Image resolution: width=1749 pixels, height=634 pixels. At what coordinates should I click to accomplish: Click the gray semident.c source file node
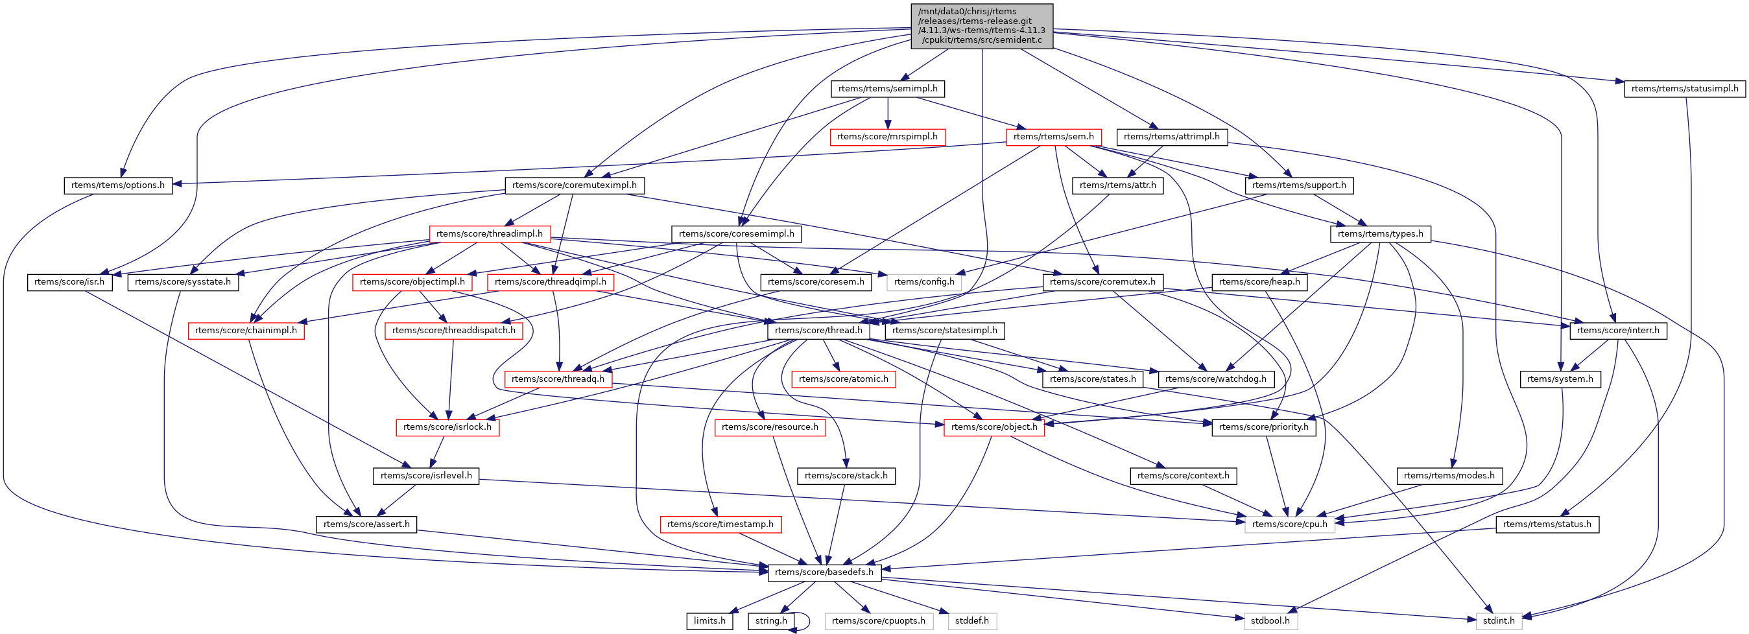click(x=981, y=26)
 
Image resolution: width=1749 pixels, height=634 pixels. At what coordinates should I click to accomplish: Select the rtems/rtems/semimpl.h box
click(x=887, y=89)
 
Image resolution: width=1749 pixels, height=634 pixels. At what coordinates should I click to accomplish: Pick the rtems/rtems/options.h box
click(x=118, y=185)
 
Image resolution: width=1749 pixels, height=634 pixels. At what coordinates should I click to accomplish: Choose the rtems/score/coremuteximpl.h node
click(x=575, y=185)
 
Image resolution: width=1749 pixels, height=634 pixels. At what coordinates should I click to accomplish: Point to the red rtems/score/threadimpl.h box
click(x=489, y=234)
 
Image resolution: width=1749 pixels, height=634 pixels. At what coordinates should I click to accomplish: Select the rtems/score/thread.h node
click(x=818, y=331)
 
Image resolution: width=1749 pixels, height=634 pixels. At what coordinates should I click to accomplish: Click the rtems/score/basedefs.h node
click(x=824, y=572)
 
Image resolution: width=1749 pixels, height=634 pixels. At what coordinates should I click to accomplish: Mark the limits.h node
click(x=709, y=621)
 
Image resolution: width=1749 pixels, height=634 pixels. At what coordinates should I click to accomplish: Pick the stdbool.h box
click(x=1270, y=621)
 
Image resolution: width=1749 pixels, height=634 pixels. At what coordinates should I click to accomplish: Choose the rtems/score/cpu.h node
click(x=1289, y=524)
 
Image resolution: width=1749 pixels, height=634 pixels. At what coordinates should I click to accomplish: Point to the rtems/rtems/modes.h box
click(x=1449, y=476)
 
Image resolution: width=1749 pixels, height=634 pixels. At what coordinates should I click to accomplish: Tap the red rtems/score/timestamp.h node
click(x=720, y=524)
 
